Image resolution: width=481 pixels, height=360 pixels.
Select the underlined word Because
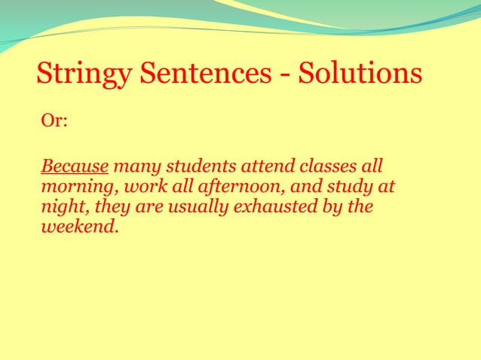(x=75, y=165)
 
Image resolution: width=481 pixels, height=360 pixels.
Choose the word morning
(x=75, y=186)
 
